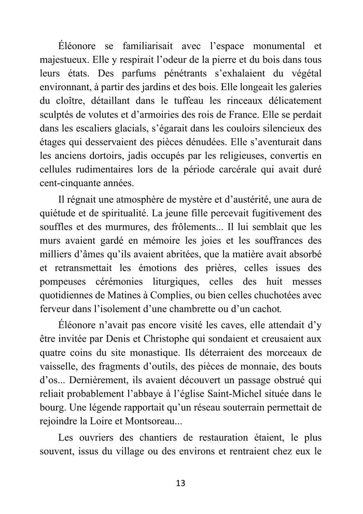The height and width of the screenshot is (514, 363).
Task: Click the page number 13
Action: [181, 483]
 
